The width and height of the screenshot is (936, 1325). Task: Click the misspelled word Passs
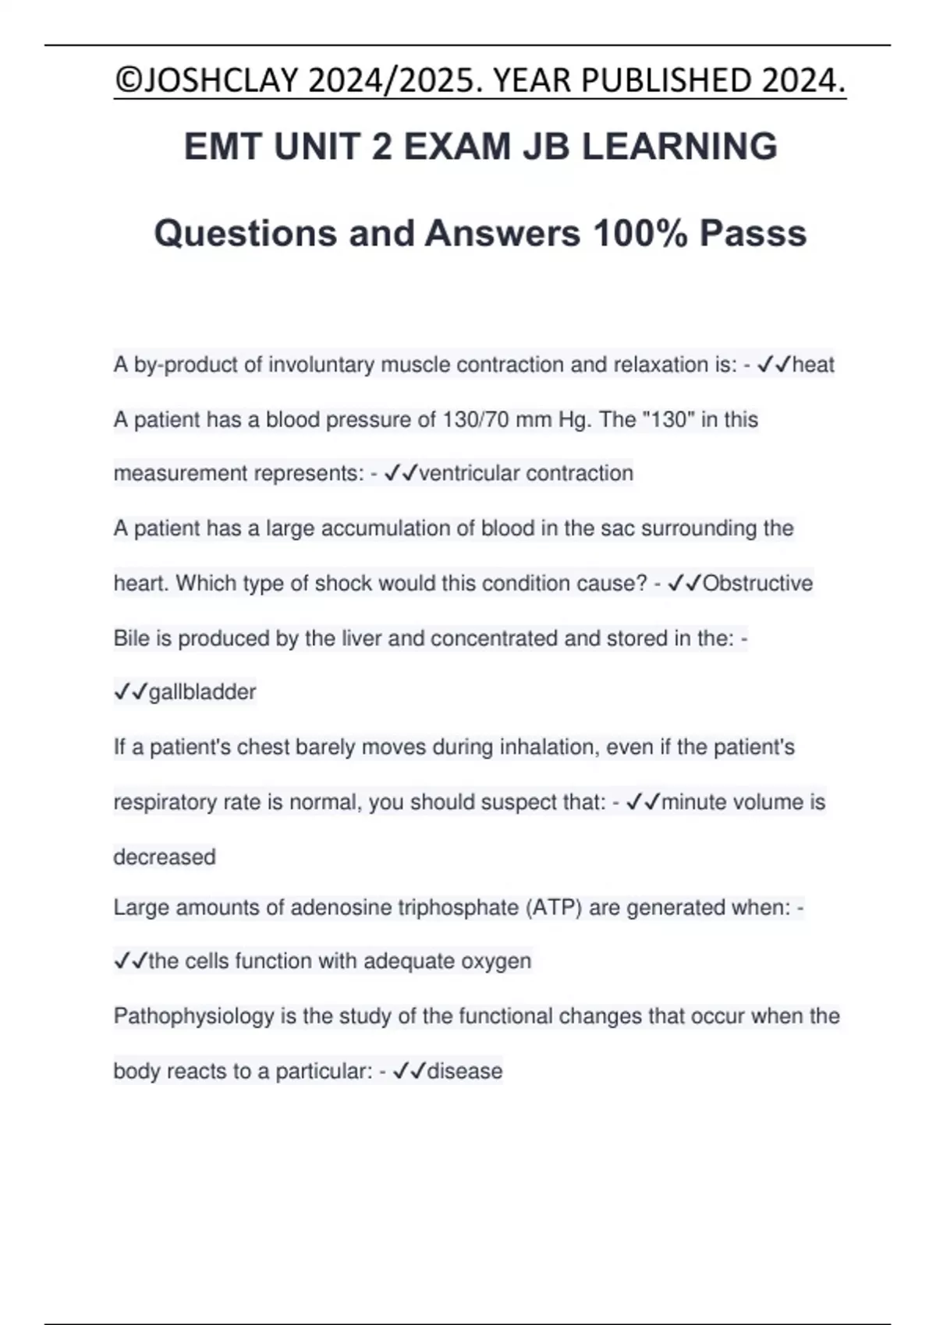753,233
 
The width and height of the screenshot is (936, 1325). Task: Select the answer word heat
814,365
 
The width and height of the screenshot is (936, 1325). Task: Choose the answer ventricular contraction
526,473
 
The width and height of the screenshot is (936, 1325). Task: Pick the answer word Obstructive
757,583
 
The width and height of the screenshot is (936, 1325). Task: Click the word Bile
131,638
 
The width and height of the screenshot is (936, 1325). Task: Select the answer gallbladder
202,692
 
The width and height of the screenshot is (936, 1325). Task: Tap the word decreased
165,857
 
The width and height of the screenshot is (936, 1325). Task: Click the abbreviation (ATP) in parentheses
554,908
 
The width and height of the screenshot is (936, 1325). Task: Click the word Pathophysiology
193,1016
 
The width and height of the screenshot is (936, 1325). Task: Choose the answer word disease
464,1071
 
